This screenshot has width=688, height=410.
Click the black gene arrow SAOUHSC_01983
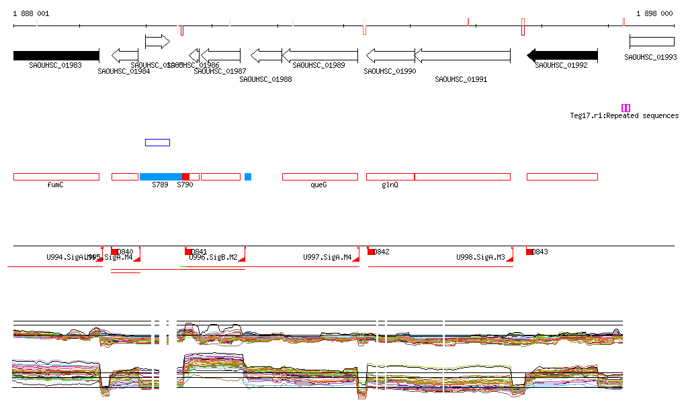56,55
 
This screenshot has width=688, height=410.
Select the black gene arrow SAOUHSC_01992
562,55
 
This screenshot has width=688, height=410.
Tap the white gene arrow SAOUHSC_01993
652,42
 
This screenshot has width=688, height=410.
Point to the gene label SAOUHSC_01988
265,79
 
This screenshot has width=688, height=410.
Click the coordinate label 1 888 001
31,13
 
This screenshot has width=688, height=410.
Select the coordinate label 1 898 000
654,13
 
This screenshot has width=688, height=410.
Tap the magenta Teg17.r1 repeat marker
626,108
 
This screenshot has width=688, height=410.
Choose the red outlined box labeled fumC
56,176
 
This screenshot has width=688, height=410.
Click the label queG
318,185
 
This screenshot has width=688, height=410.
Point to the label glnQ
390,185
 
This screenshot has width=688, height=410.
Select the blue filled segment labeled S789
161,176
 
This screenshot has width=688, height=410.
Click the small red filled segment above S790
186,176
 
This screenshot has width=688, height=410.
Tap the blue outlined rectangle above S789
157,142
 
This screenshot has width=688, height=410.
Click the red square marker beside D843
529,252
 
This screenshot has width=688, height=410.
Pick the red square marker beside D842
371,252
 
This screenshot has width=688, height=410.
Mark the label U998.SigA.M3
480,257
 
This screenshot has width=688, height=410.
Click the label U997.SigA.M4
327,257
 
